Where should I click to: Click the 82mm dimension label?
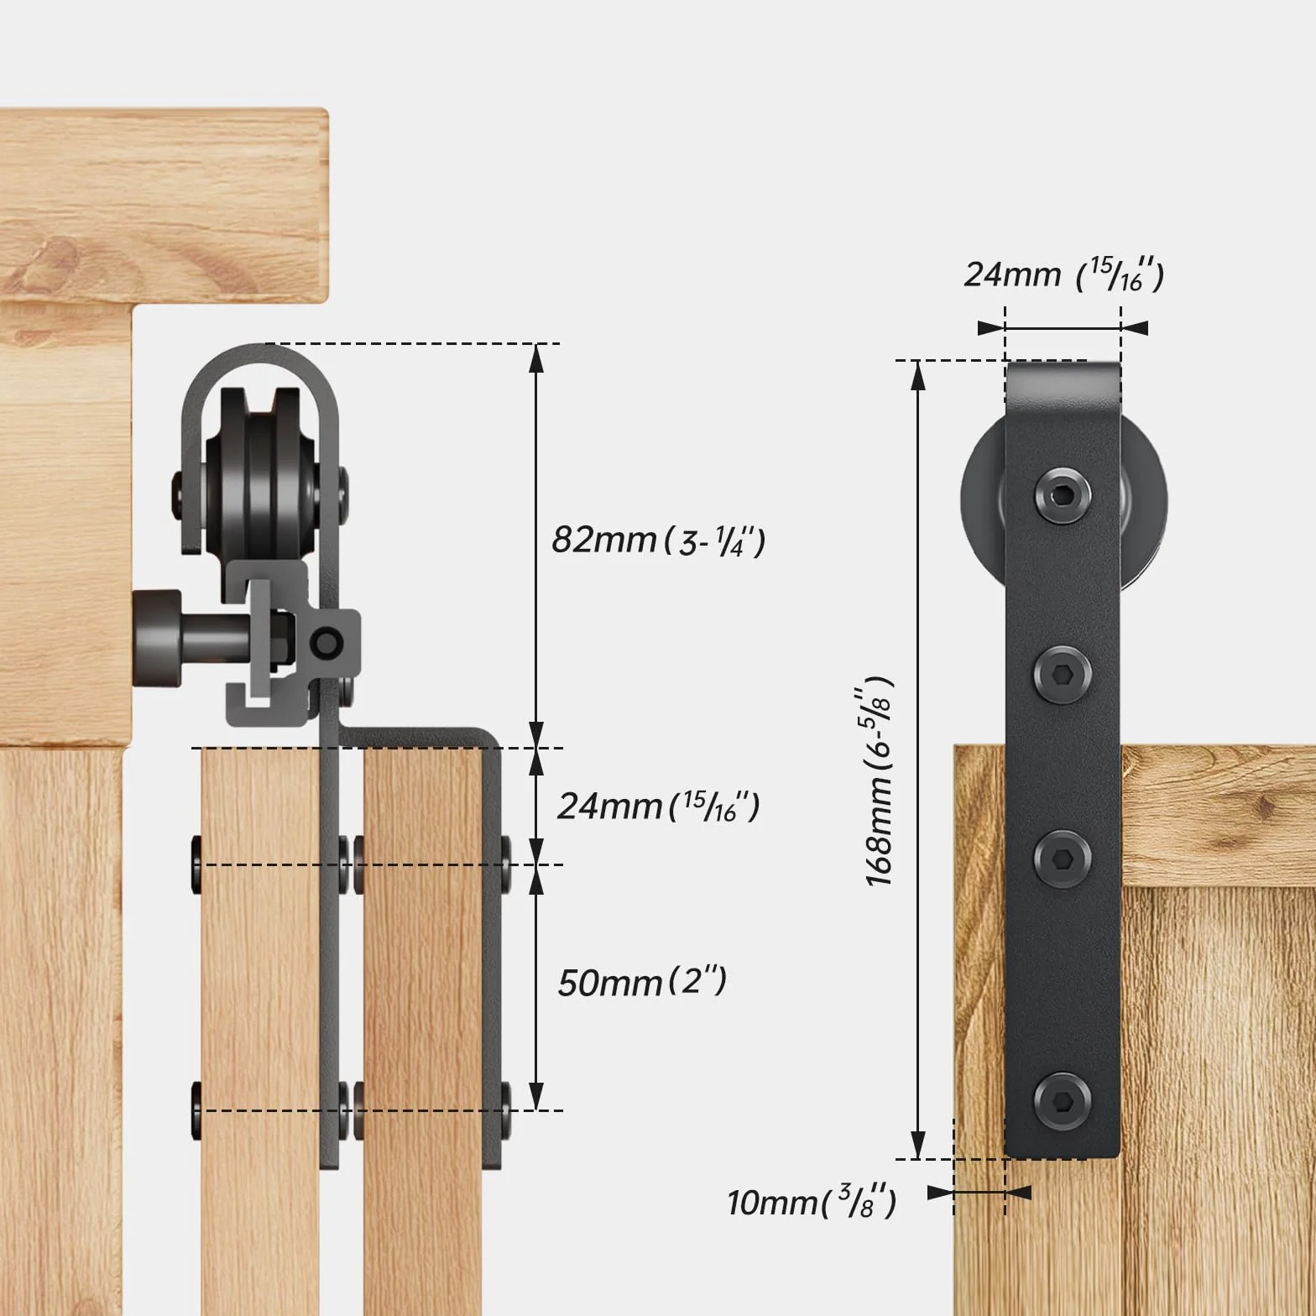point(658,540)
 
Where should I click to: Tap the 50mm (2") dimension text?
point(642,981)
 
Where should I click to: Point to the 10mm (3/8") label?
point(812,1202)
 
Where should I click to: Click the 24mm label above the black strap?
point(1063,274)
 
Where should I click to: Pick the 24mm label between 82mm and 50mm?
point(659,806)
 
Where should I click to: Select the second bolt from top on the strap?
point(1063,673)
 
